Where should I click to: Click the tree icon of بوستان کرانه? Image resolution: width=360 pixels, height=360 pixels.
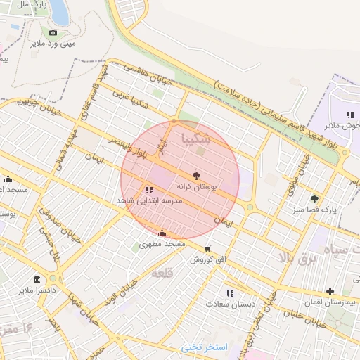(x=195, y=176)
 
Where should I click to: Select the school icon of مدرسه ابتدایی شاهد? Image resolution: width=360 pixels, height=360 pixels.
(x=148, y=190)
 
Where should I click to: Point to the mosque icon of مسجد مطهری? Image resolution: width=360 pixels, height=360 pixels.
(x=162, y=233)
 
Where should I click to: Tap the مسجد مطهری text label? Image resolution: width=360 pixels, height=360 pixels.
(x=162, y=244)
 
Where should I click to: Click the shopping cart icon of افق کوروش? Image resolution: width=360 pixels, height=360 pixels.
(x=207, y=248)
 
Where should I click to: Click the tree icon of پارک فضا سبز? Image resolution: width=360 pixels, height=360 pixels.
(x=314, y=198)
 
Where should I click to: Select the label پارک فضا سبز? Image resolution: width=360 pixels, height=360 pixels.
(x=314, y=210)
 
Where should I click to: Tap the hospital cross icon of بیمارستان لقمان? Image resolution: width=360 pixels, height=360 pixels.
(x=330, y=291)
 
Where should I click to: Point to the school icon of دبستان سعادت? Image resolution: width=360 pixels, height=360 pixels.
(x=229, y=293)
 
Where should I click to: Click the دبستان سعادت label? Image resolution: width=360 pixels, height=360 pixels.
(x=229, y=304)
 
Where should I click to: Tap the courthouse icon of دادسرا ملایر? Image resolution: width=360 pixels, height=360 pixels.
(x=36, y=279)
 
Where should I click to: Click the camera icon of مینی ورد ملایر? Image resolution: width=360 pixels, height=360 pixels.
(x=53, y=32)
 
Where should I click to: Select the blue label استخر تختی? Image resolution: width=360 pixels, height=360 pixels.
(x=205, y=347)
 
